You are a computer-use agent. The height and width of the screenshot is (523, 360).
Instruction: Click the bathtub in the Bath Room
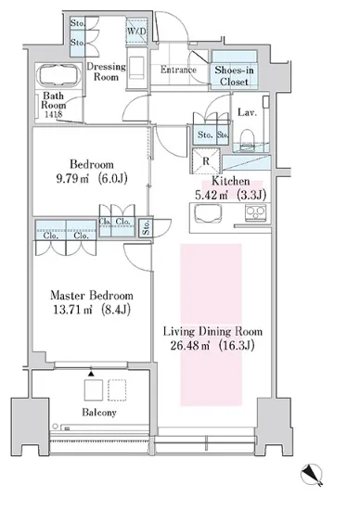pos(59,76)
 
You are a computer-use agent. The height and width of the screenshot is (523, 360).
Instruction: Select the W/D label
pos(136,32)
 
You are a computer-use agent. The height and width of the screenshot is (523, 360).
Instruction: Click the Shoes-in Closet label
pos(234,76)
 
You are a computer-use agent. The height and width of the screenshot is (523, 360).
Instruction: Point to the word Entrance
pos(178,70)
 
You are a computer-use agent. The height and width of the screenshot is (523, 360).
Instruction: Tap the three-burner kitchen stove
pos(255,212)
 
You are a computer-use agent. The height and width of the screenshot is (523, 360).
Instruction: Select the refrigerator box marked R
pos(206,161)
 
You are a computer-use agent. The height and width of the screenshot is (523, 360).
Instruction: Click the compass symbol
pos(312,474)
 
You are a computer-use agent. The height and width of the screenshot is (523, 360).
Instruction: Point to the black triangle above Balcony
pos(91,374)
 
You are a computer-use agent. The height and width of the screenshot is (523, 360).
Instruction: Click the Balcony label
pos(99,413)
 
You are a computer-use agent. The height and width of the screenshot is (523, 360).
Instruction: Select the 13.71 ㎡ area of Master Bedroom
pos(72,310)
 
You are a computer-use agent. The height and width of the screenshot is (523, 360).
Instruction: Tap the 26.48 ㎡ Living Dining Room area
pos(189,346)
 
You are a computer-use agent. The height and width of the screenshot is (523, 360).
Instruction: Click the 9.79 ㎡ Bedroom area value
pos(72,179)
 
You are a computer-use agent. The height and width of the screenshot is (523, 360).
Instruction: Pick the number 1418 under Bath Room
pos(54,114)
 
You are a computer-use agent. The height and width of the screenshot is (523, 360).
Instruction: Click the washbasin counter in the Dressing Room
pos(136,68)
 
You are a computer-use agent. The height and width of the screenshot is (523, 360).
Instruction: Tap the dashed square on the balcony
pos(117,389)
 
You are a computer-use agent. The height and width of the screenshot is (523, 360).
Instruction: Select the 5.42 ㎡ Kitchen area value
pos(212,195)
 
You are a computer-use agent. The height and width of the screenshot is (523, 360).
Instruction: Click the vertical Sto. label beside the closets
pos(146,228)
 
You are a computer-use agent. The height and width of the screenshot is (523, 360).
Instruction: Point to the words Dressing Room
pos(106,71)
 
